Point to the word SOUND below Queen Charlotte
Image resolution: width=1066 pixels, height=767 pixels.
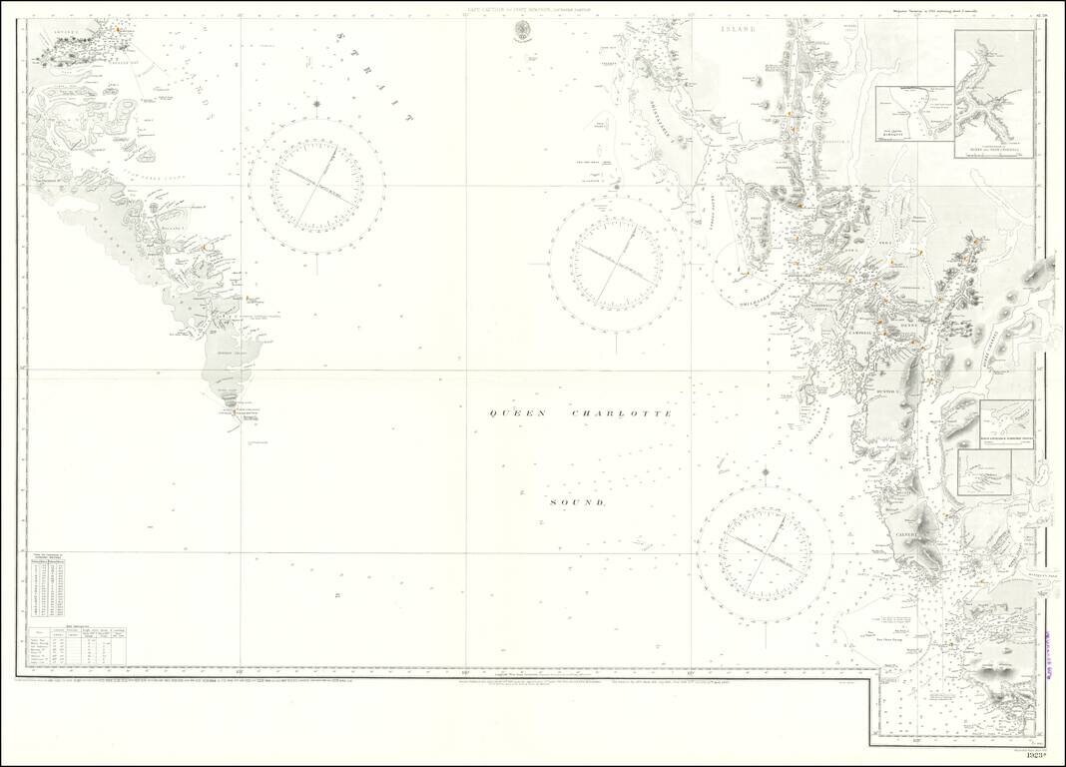tap(578, 502)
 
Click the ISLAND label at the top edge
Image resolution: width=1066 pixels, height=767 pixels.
tap(740, 31)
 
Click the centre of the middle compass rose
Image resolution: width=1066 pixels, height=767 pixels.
tap(616, 263)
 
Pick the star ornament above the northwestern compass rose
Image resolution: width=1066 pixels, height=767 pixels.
tap(316, 102)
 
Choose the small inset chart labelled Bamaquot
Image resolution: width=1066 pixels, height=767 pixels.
tap(912, 115)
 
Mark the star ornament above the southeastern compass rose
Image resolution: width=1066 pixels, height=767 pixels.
tap(765, 471)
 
